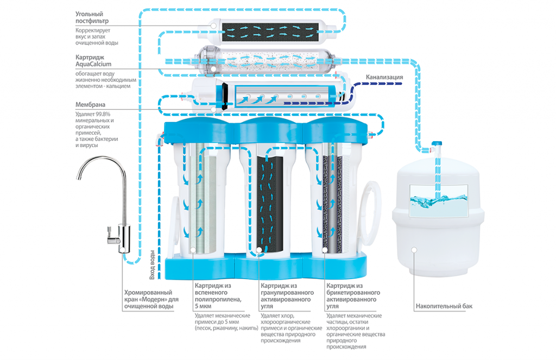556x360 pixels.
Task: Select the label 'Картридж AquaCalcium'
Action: click(x=94, y=60)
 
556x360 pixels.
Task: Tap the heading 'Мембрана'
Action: click(x=91, y=104)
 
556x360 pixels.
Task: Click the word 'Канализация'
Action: click(x=384, y=77)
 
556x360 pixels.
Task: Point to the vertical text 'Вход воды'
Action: click(x=153, y=263)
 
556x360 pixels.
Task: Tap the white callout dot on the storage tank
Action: click(x=414, y=249)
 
